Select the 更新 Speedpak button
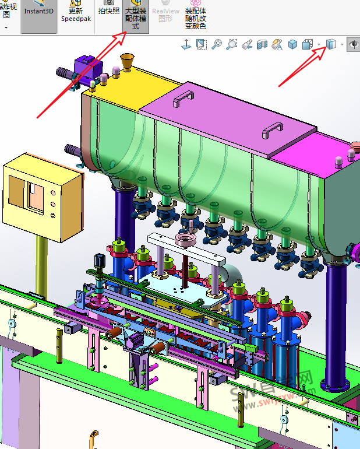75,12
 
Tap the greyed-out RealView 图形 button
165,14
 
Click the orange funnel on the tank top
126,62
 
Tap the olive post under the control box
41,268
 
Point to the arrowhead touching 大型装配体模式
123,37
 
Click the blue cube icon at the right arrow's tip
331,45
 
